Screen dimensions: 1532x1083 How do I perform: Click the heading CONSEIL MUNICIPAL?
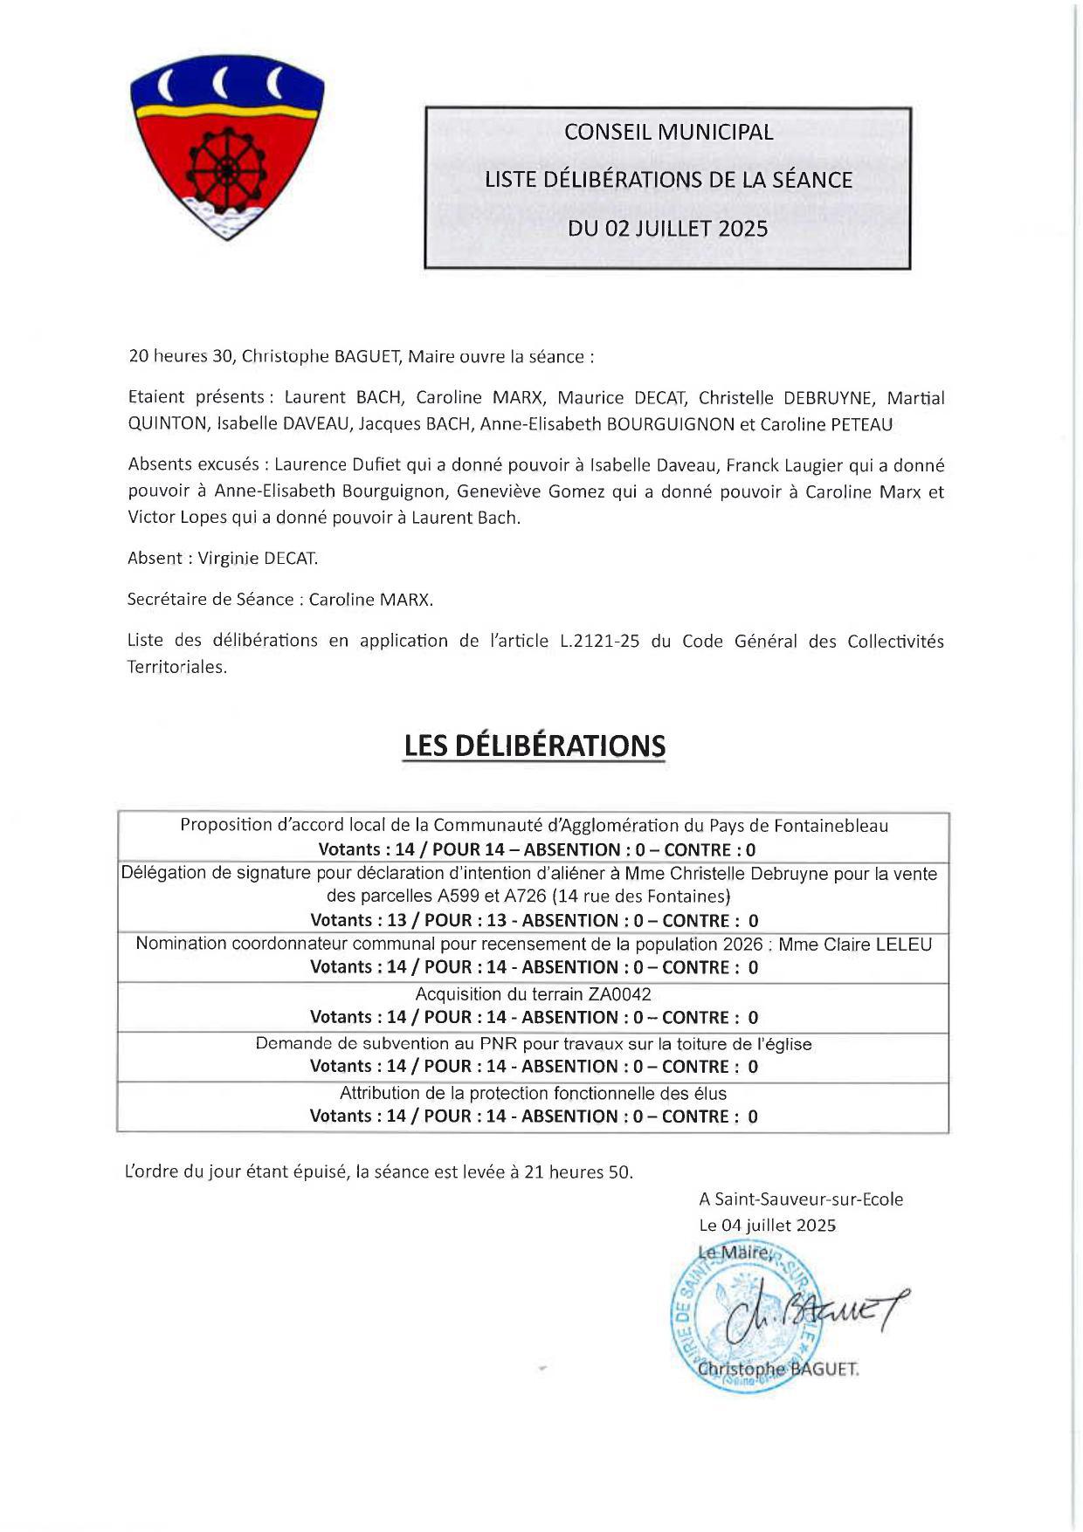tap(668, 132)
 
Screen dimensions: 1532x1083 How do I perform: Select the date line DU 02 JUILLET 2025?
tap(668, 229)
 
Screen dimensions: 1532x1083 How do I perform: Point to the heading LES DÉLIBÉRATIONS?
tap(534, 746)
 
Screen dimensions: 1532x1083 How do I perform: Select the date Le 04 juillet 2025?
tap(767, 1226)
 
